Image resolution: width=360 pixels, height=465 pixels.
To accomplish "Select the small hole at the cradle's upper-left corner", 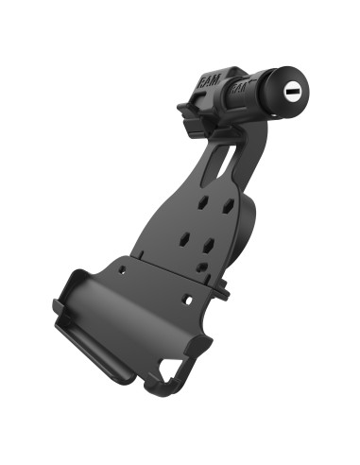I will coord(122,272).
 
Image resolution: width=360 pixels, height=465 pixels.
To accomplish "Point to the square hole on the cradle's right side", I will coord(189,301).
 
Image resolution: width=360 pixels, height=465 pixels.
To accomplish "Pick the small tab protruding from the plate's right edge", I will coord(224,291).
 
